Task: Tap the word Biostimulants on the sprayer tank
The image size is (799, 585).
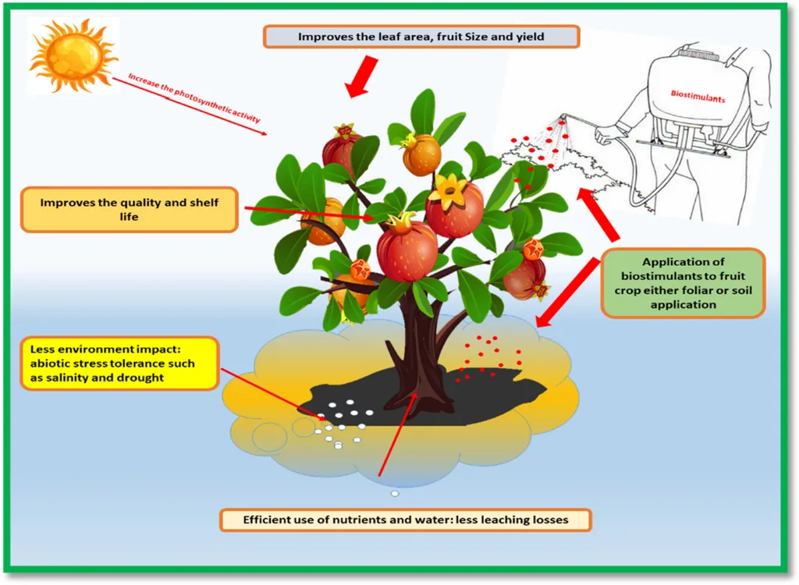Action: (x=698, y=100)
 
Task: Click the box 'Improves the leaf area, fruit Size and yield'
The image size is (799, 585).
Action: (x=421, y=37)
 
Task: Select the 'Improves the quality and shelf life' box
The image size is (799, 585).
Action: (x=130, y=209)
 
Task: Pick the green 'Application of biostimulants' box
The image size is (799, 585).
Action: (x=682, y=283)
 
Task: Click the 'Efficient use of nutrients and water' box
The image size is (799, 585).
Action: (x=405, y=519)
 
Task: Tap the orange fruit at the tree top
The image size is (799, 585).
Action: (x=421, y=154)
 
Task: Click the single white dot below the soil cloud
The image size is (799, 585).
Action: (x=395, y=493)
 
